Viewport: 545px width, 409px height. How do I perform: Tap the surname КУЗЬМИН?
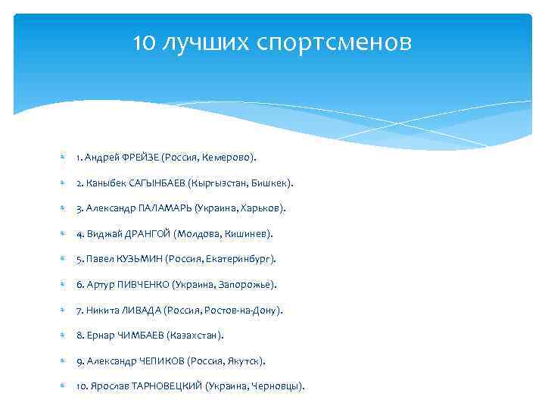[x=140, y=259]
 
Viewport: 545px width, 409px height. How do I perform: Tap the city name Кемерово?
[x=229, y=158]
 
